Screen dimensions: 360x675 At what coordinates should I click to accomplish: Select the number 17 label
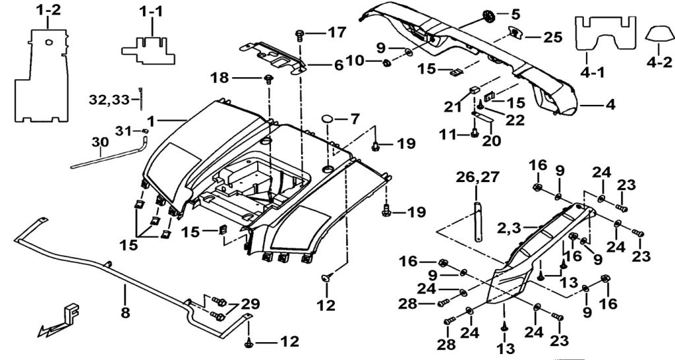pos(336,32)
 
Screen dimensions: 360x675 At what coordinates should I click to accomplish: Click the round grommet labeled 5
pos(489,15)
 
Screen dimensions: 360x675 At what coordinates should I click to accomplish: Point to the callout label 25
pos(553,37)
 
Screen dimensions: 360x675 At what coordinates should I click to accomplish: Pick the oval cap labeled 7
pos(330,119)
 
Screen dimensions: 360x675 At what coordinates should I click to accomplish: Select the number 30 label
pos(100,142)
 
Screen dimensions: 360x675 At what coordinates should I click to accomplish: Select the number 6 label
pos(338,65)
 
